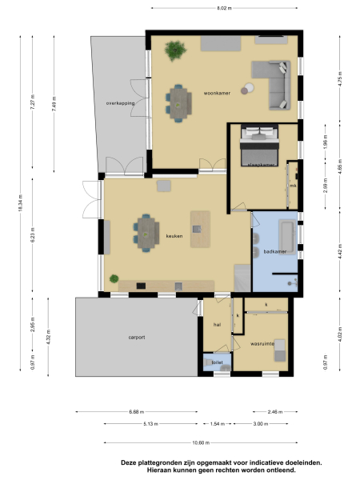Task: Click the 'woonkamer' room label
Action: (217, 93)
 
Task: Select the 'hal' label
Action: (216, 325)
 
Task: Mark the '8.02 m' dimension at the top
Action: (224, 8)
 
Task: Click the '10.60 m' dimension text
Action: (201, 442)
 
